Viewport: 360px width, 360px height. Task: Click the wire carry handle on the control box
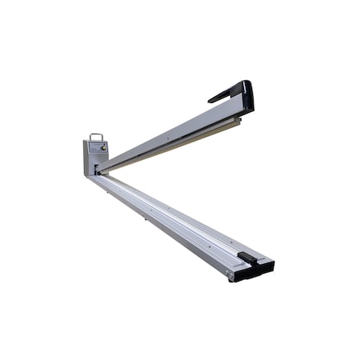pos(97,136)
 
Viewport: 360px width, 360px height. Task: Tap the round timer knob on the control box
pos(102,147)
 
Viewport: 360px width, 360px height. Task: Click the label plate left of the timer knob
pos(92,149)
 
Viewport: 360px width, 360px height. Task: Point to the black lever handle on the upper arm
pos(229,91)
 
